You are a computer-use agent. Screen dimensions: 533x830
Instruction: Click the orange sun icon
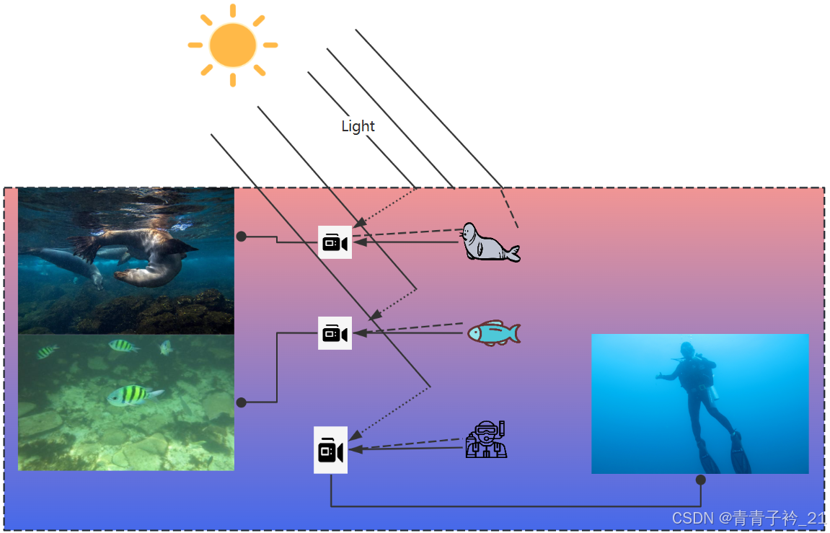click(232, 45)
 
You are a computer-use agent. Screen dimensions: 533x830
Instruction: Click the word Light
click(358, 126)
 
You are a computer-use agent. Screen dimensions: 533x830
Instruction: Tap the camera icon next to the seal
click(335, 242)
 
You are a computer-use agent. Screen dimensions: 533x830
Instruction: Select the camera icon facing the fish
click(335, 333)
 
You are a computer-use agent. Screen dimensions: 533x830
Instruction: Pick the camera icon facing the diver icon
click(330, 450)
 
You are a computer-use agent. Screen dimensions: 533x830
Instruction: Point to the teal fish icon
click(493, 333)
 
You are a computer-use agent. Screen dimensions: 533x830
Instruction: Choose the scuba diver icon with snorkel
click(487, 439)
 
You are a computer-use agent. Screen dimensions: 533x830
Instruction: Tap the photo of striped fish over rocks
click(126, 402)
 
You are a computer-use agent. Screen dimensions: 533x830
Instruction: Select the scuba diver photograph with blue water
click(699, 403)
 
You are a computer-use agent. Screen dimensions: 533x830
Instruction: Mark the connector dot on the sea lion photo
click(242, 236)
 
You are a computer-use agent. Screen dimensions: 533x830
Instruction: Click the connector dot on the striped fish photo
click(242, 402)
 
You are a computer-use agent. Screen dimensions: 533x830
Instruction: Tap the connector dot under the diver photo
click(700, 480)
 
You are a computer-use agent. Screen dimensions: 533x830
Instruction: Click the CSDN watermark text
click(748, 518)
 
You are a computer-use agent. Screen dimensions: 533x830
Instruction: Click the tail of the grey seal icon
click(513, 253)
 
